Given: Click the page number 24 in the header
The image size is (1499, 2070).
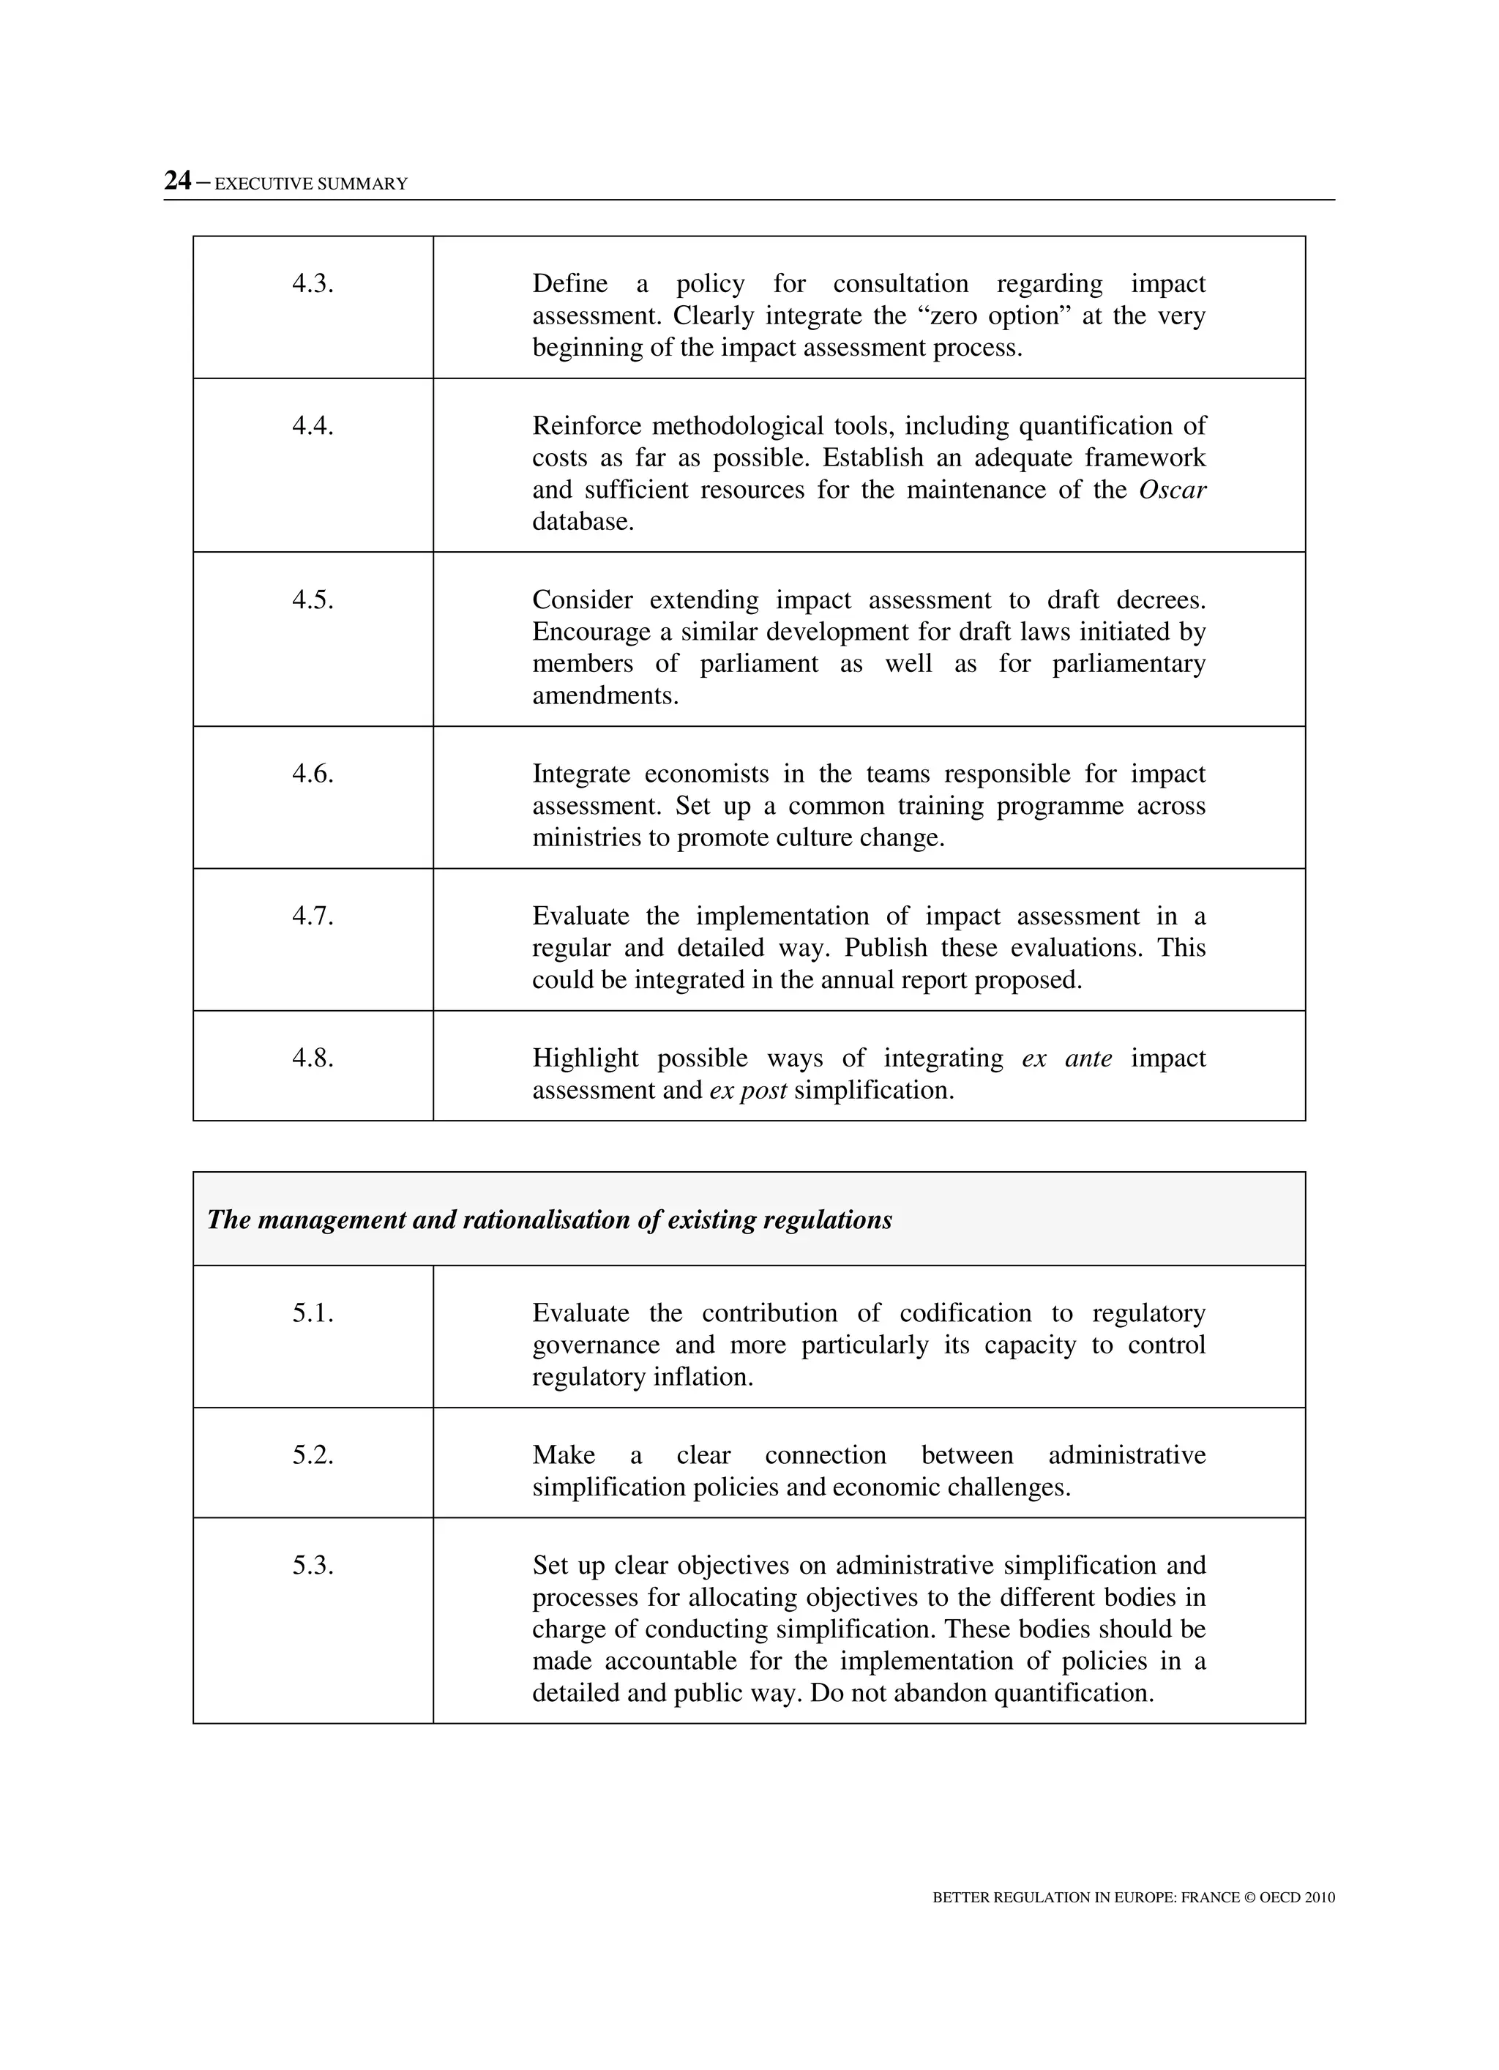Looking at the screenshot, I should click(177, 181).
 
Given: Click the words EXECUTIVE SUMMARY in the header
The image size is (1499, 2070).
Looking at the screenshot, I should click(310, 184).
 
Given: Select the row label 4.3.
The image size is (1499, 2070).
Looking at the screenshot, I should click(313, 284).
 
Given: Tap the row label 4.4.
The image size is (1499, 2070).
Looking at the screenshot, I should click(313, 426).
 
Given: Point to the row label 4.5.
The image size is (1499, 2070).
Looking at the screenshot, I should click(313, 599).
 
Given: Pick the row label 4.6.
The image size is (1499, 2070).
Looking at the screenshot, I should click(313, 774).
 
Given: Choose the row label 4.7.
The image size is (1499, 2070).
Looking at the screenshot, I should click(313, 916).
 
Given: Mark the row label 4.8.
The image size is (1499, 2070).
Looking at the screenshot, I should click(313, 1058).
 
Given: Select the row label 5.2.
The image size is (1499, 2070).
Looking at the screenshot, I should click(313, 1456).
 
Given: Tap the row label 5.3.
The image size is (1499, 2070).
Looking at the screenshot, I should click(313, 1566).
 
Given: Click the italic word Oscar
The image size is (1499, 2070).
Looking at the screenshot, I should click(1172, 490).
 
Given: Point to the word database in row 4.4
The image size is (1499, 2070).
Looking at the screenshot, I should click(582, 523).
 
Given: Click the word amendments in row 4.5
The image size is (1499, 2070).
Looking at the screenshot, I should click(605, 696).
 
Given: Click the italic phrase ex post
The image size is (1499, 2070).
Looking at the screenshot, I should click(748, 1091).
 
